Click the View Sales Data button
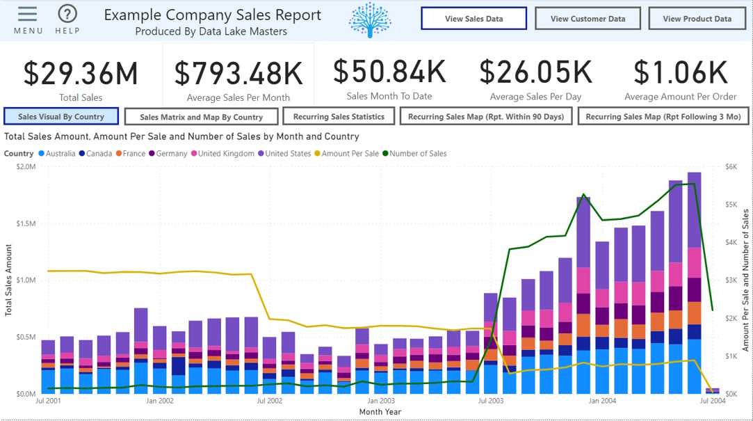[473, 19]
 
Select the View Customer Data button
[588, 19]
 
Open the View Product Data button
[697, 19]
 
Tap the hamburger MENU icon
[28, 15]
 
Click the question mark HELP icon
[67, 15]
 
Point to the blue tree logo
[370, 19]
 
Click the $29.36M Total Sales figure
[81, 74]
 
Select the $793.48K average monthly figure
[238, 74]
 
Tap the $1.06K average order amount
[680, 72]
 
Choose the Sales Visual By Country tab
[61, 117]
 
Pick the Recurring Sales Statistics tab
[339, 117]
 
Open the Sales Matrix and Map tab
[201, 118]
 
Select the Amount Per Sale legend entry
[350, 154]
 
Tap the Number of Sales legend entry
[418, 154]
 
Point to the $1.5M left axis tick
[26, 223]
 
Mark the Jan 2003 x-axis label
[381, 401]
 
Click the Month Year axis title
[380, 412]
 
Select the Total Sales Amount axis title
[9, 280]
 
